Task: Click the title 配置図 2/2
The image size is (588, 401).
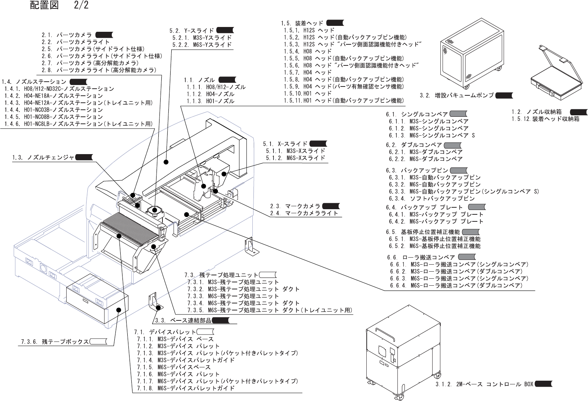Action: (x=59, y=6)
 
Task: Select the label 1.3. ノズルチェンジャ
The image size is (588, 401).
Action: (x=43, y=157)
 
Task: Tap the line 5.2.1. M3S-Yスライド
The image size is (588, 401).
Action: (x=202, y=38)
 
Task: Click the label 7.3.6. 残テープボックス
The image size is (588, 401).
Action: (x=54, y=341)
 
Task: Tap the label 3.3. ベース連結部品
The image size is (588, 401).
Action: (x=183, y=320)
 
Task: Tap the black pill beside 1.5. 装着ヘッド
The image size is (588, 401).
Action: (x=335, y=23)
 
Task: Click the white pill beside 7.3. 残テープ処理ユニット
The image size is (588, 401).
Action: (x=268, y=275)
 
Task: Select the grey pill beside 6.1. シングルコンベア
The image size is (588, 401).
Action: (x=458, y=114)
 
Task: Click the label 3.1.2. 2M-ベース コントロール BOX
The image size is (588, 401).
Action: (x=484, y=384)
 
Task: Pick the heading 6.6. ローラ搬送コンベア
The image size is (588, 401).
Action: (x=421, y=257)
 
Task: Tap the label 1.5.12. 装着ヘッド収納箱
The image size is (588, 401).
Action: (x=545, y=119)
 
